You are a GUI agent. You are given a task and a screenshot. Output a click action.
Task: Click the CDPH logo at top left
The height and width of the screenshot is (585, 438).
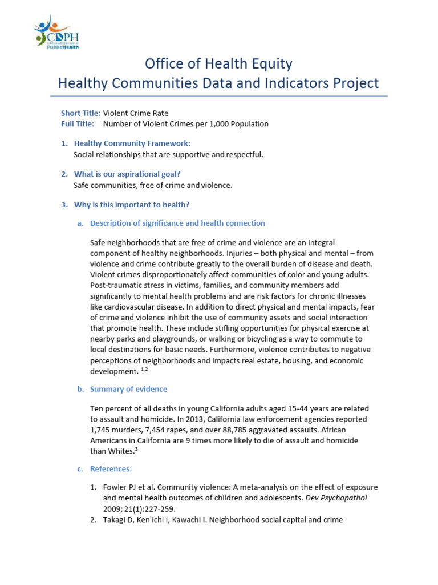(x=56, y=33)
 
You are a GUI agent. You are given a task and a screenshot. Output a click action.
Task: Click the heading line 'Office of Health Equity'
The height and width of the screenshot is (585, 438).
(x=219, y=63)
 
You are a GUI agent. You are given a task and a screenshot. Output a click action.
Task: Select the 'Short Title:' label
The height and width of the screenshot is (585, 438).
(x=80, y=113)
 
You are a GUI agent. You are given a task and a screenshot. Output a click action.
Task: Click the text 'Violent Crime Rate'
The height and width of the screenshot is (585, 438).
(x=136, y=113)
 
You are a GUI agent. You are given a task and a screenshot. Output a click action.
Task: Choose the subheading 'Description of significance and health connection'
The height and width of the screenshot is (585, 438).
(x=177, y=223)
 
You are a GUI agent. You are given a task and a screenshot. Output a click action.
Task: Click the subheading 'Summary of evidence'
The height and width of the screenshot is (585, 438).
(x=129, y=389)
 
